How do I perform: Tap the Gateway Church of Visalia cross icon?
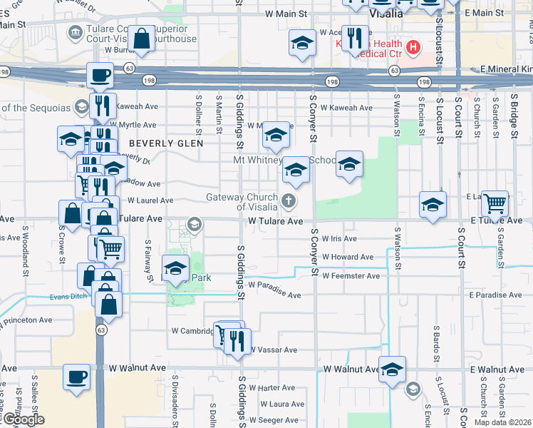tap(289, 201)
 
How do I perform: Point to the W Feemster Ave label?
tap(351, 275)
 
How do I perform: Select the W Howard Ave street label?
tap(347, 257)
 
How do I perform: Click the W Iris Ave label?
tap(338, 239)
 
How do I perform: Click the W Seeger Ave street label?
tap(280, 421)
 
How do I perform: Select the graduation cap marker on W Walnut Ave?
tap(392, 370)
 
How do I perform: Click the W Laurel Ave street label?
tap(148, 201)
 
